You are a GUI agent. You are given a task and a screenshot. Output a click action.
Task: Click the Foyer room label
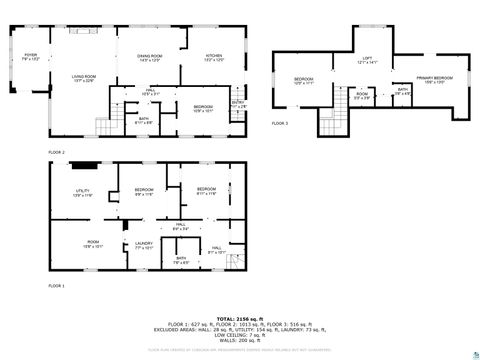30,57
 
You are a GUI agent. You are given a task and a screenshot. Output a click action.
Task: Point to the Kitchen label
214,57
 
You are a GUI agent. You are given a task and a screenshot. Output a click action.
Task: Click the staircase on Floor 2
106,127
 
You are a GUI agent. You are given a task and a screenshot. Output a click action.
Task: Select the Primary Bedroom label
435,78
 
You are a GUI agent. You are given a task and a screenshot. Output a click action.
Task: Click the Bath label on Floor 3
402,91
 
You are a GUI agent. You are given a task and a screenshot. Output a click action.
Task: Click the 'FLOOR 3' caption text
280,123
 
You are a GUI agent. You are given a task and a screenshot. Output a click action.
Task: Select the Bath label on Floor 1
181,261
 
